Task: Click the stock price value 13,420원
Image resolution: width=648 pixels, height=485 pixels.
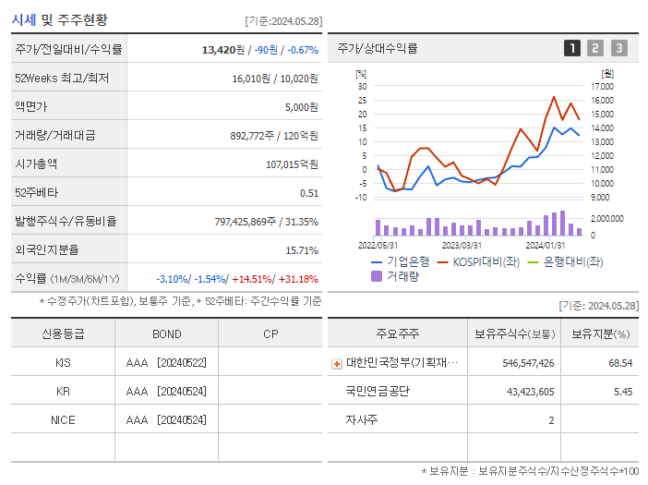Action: [225, 50]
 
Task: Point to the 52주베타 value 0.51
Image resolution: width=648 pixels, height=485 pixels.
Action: [309, 193]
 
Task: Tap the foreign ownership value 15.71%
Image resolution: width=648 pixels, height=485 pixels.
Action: [301, 250]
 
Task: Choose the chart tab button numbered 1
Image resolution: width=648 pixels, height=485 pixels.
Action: [572, 48]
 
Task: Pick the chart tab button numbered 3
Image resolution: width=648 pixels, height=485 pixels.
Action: [618, 48]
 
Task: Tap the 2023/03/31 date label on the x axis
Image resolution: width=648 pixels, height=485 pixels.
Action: [462, 245]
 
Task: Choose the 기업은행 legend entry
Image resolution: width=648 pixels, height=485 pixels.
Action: [407, 261]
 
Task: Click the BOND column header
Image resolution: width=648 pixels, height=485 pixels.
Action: [166, 333]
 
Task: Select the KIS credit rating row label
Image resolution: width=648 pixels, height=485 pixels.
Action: [63, 363]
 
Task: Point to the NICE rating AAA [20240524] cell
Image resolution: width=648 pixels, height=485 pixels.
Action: [166, 420]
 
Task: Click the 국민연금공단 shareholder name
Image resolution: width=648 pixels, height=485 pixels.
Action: [378, 392]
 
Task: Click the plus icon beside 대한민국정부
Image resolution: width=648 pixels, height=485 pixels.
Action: [337, 364]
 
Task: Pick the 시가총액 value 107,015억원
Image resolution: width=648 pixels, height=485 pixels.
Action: [292, 164]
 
